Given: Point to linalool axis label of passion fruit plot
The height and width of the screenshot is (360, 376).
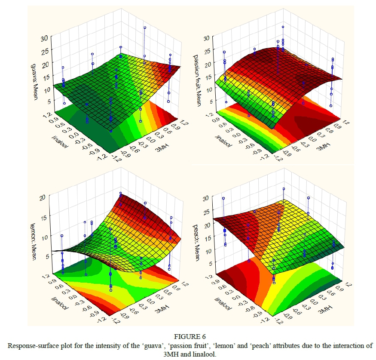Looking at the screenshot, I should (224, 141).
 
